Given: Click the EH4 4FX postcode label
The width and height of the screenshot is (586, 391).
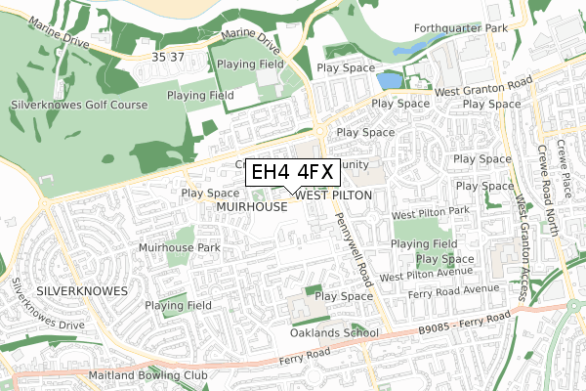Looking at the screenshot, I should [x=292, y=173].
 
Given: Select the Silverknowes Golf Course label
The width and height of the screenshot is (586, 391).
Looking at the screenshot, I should [x=79, y=105].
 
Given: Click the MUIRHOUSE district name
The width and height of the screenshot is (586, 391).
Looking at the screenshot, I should [x=252, y=207].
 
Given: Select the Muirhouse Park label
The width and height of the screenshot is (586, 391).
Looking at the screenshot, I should [x=180, y=247].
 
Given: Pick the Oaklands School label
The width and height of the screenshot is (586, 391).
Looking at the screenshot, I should [x=334, y=332].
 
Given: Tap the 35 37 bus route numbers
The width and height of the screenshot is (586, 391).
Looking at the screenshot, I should [x=168, y=58].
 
